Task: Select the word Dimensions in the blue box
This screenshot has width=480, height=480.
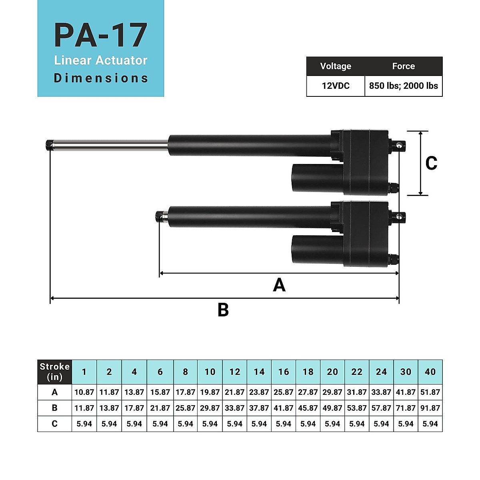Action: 101,78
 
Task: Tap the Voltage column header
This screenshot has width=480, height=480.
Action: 336,66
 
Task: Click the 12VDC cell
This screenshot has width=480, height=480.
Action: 336,86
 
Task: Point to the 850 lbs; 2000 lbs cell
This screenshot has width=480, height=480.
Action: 403,86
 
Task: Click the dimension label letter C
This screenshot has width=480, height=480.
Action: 431,163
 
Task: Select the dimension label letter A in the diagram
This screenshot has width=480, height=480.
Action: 279,285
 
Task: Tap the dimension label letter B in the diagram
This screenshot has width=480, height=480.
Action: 223,310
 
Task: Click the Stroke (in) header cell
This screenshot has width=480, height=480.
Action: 55,372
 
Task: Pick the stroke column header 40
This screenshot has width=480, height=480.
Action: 430,372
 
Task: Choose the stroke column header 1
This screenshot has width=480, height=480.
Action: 84,372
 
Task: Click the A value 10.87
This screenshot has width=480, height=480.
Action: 84,392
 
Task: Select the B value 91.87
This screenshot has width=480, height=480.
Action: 430,408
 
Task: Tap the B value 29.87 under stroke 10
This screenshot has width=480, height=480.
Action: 210,408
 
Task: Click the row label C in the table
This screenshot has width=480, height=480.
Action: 55,424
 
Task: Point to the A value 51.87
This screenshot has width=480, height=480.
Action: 430,392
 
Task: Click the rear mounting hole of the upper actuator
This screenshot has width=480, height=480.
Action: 400,146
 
